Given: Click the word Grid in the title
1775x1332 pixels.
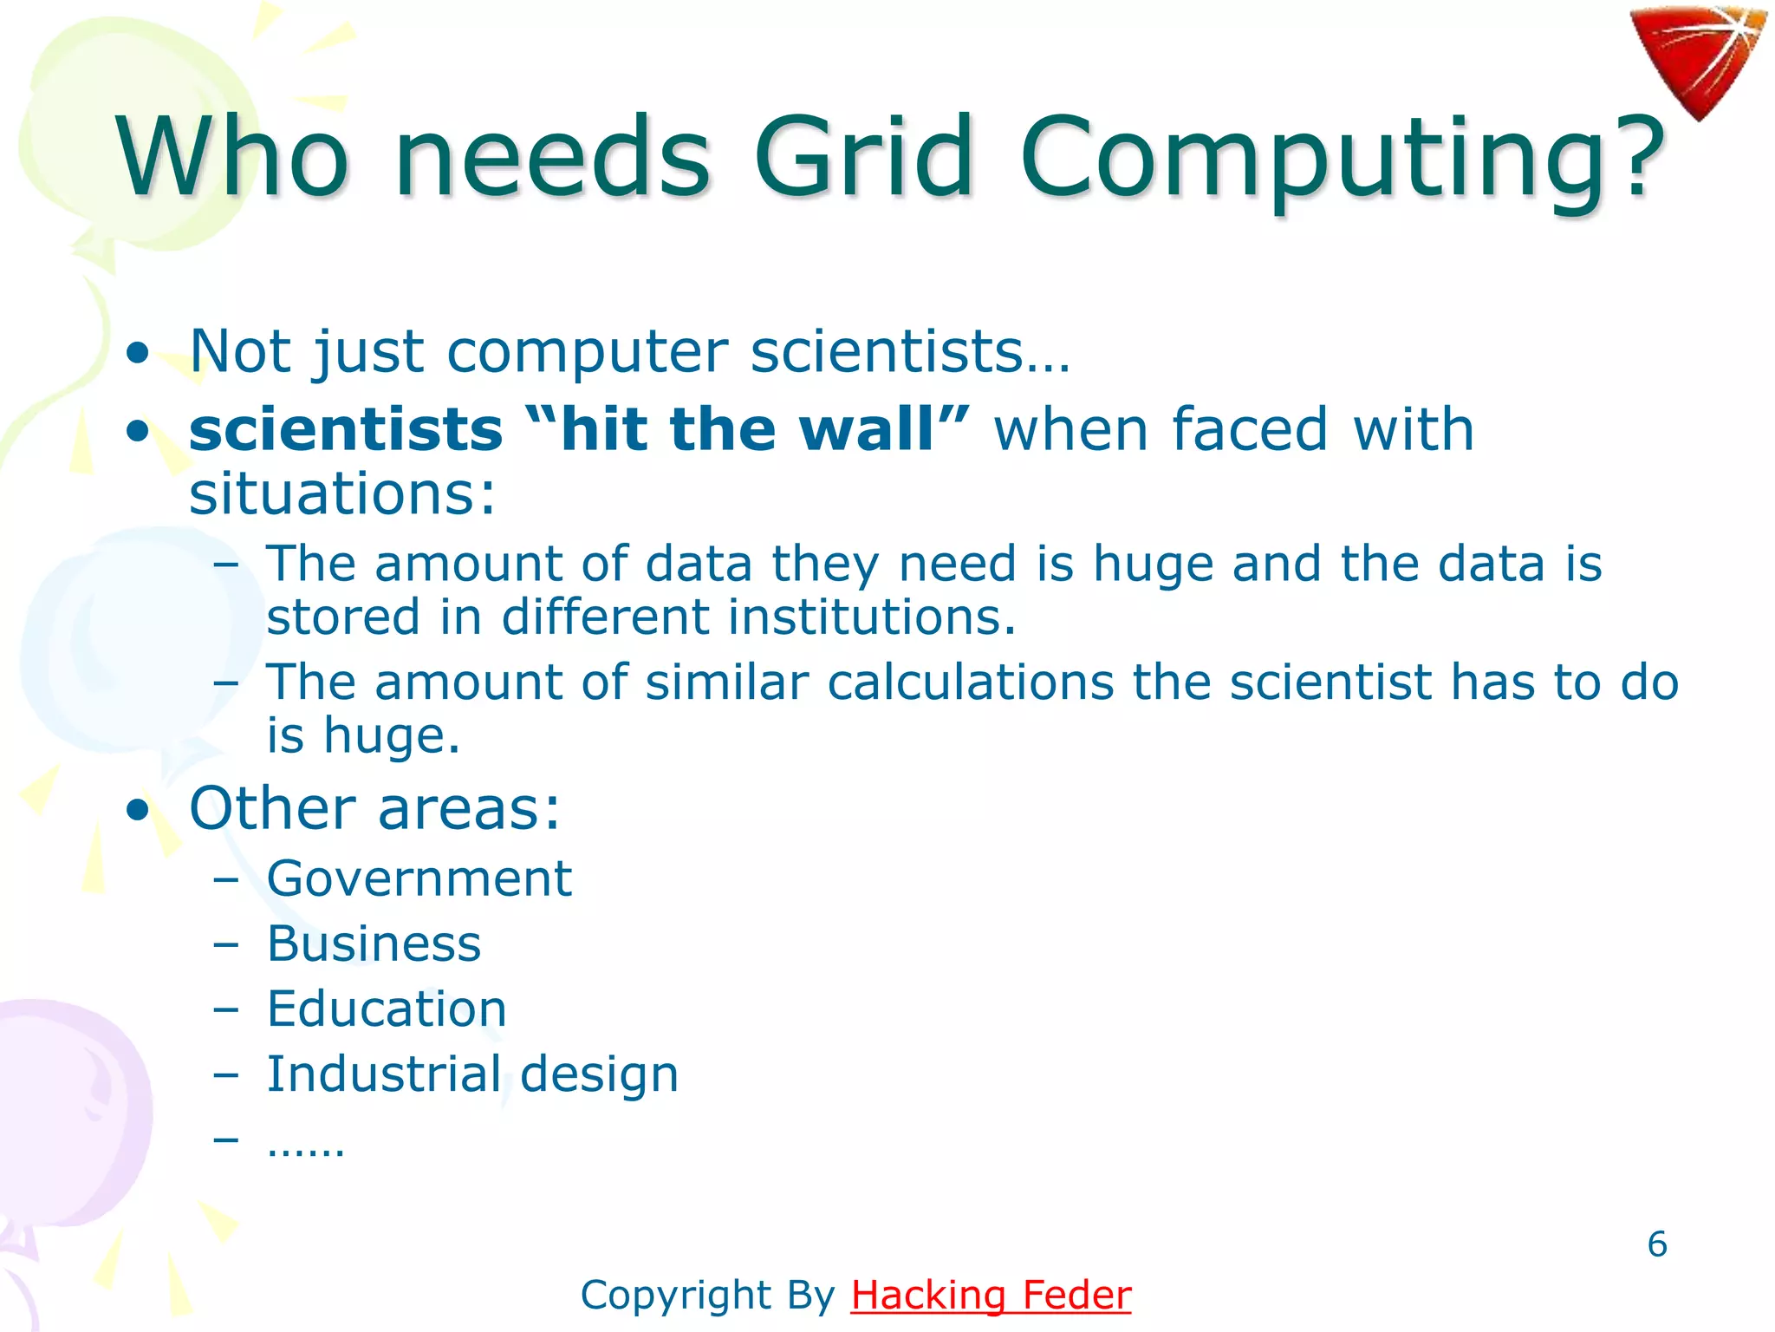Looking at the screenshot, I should click(864, 158).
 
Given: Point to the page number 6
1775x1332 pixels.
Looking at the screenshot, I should click(1656, 1244).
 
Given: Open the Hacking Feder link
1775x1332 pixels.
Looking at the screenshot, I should click(991, 1296).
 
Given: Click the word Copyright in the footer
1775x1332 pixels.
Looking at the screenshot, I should click(676, 1296).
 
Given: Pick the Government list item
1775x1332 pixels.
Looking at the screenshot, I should click(419, 878).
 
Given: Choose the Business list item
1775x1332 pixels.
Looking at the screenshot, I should click(374, 943).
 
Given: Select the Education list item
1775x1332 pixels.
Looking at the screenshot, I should click(387, 1009).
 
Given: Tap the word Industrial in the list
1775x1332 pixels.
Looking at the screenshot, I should click(384, 1074).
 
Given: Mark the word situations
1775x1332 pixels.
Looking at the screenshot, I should click(342, 493).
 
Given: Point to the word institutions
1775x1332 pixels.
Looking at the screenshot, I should click(870, 617).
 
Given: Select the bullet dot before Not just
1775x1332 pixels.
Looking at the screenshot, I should click(137, 353).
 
